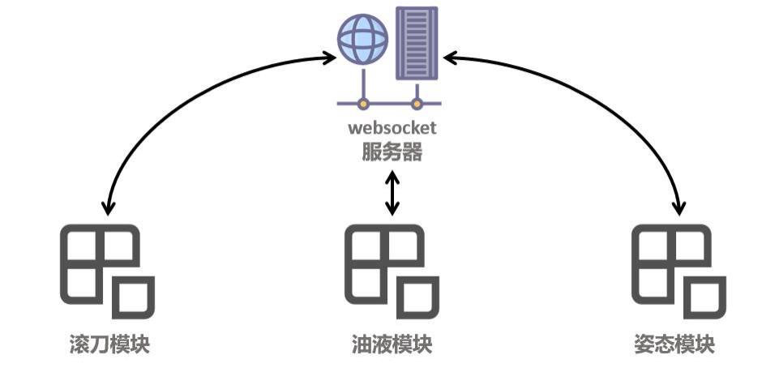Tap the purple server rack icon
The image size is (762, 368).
click(417, 43)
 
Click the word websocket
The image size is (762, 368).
click(392, 128)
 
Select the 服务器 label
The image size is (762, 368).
click(392, 152)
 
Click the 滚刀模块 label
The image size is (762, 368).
click(109, 344)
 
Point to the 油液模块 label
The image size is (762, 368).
click(392, 344)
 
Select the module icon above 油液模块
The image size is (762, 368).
click(392, 271)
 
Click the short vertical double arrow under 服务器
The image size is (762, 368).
click(392, 192)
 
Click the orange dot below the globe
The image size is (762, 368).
click(364, 104)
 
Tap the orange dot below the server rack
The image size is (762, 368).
click(417, 104)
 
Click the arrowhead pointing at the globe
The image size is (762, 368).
click(328, 58)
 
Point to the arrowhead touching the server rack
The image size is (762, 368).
click(450, 58)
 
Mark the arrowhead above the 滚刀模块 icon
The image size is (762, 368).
click(105, 208)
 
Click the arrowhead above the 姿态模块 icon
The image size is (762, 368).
click(679, 208)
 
